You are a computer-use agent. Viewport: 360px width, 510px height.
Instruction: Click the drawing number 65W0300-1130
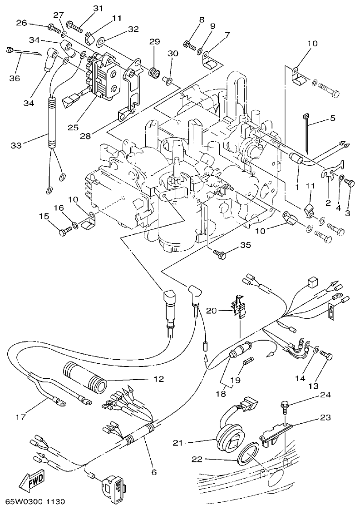pyautogui.click(x=35, y=502)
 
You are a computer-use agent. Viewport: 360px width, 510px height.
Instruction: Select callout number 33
pyautogui.click(x=16, y=145)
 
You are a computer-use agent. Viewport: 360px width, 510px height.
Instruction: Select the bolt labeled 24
pyautogui.click(x=286, y=406)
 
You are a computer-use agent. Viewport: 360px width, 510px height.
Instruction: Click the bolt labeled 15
pyautogui.click(x=63, y=232)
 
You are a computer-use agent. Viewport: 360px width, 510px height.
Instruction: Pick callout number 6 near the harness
pyautogui.click(x=154, y=472)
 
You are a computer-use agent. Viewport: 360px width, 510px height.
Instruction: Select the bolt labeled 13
pyautogui.click(x=328, y=356)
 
